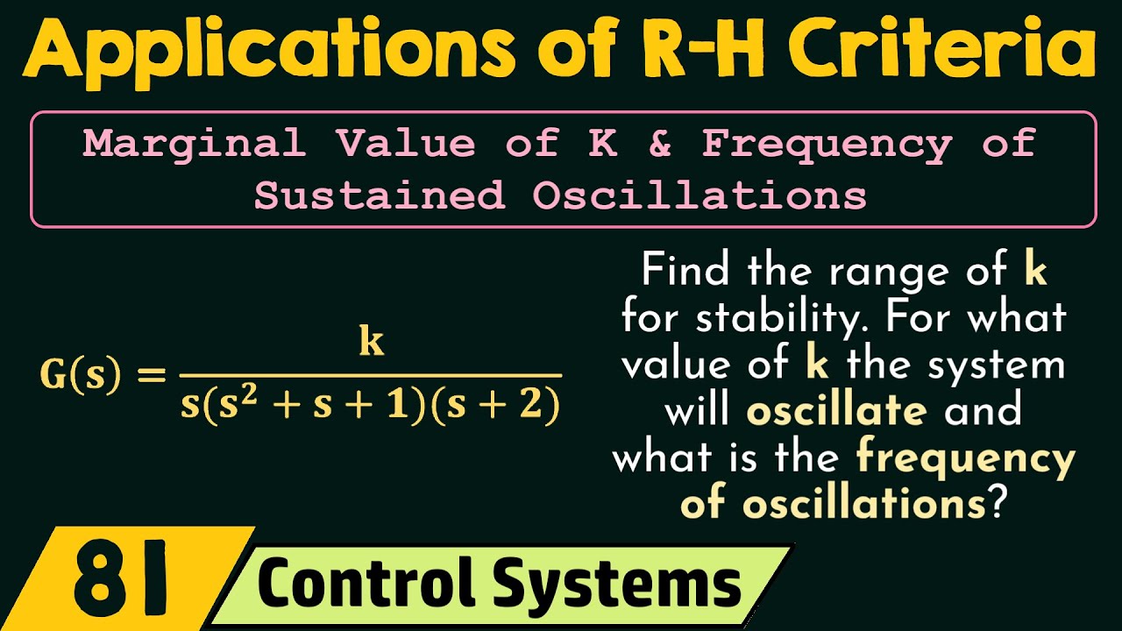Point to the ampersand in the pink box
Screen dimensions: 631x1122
point(660,144)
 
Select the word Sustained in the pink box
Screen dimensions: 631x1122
point(380,195)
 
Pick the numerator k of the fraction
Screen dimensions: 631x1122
point(372,343)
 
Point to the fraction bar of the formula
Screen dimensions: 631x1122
point(370,376)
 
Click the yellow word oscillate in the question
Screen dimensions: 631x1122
point(836,410)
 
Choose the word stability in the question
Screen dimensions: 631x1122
point(785,318)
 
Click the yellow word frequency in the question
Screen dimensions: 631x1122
point(965,457)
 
